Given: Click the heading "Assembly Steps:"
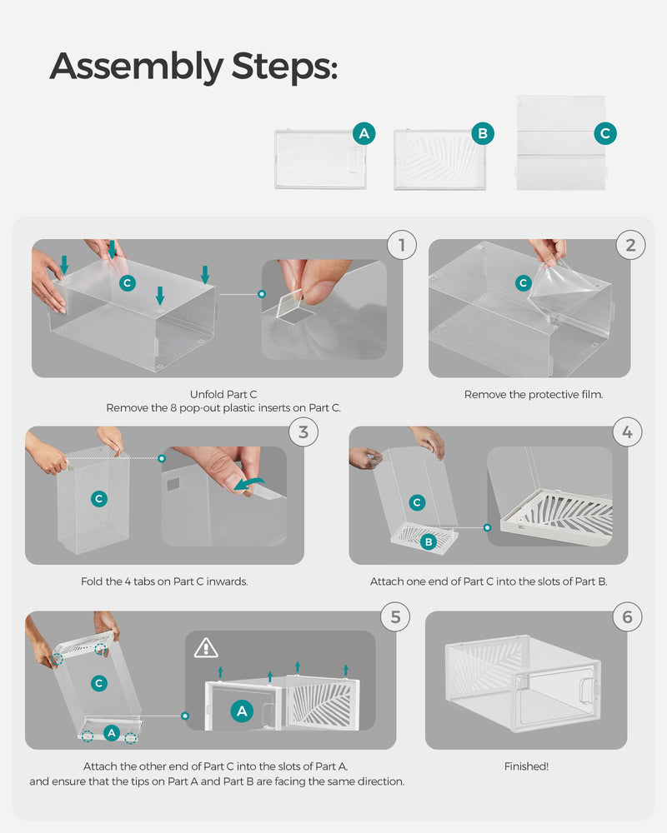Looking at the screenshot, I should pos(193,66).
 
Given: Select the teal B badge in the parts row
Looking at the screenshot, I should pos(481,133).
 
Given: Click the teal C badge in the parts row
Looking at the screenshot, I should pos(605,133).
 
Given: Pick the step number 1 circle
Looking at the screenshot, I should pos(402,245).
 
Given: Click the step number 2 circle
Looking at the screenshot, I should pos(629,245).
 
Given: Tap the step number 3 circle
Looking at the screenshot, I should pos(303,431).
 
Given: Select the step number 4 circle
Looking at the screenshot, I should pos(627,431).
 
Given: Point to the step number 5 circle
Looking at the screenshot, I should pos(395,616).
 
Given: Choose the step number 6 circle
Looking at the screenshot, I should pos(627,616).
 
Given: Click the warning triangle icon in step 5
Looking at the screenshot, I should pos(205,647).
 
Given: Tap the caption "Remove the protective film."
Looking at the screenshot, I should pos(533,394).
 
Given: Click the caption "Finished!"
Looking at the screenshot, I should pos(526,766).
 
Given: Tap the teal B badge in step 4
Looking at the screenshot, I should pos(429,541).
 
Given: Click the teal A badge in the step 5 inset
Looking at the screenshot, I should pos(242,711).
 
